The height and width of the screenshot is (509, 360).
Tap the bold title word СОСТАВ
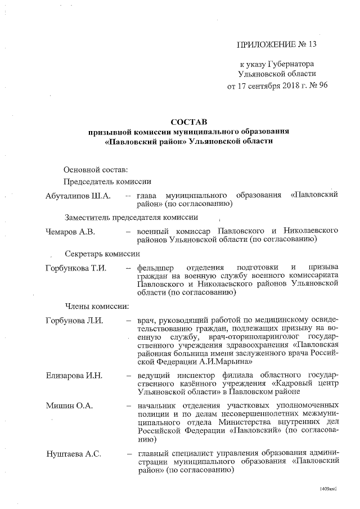pos(189,121)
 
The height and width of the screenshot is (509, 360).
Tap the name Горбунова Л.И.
pos(74,321)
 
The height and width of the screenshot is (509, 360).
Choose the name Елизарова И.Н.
pos(74,374)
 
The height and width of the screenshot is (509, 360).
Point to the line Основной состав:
pos(96,170)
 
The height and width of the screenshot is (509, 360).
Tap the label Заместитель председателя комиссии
pos(130,218)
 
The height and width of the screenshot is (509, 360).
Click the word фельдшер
pos(155,267)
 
